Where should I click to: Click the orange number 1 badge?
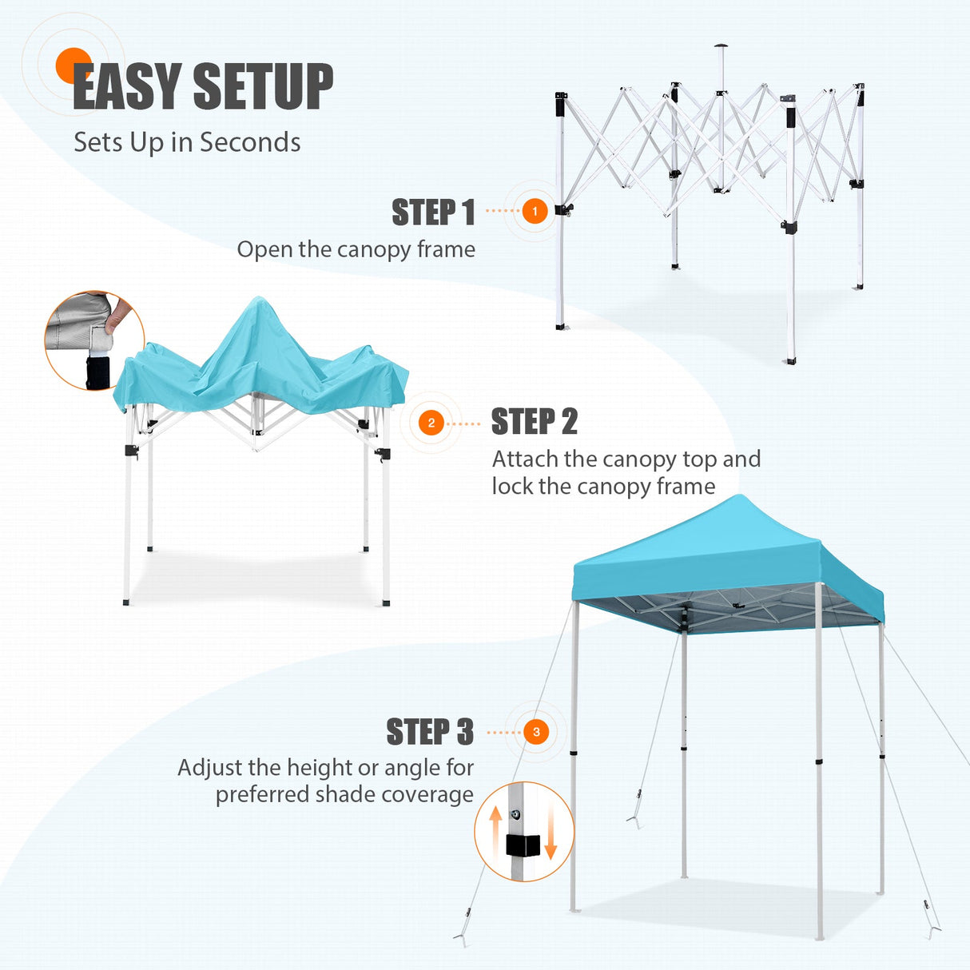[535, 211]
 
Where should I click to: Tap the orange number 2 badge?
[431, 423]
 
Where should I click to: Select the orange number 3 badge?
[536, 732]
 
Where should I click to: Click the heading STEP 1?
[433, 213]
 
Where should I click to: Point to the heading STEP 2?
[534, 422]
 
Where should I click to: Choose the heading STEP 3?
[430, 732]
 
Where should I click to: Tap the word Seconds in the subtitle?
[250, 142]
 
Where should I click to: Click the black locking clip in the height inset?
[523, 845]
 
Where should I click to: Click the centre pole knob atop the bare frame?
[722, 46]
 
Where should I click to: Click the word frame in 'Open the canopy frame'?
[446, 249]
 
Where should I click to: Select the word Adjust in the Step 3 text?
[210, 768]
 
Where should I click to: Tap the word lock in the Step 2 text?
[512, 487]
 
